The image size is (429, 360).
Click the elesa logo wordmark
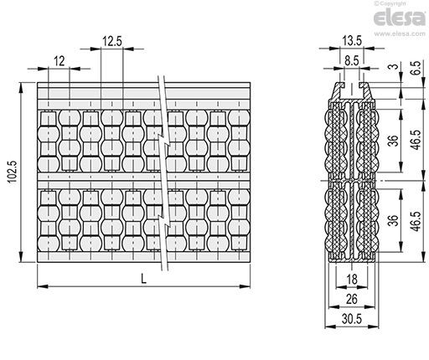(x=400, y=18)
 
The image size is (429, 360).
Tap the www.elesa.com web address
(x=400, y=33)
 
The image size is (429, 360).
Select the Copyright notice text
(x=390, y=3)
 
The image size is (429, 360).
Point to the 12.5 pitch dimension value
(x=112, y=41)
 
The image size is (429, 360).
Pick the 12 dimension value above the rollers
(x=59, y=61)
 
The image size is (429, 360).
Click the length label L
(x=143, y=279)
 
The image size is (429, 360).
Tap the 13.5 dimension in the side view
(x=352, y=41)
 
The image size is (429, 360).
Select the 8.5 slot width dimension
(x=352, y=61)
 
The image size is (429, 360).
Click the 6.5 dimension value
(x=416, y=68)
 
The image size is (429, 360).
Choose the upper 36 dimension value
(x=393, y=141)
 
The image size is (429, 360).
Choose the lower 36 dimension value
(x=393, y=220)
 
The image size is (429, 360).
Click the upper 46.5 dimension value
(x=416, y=140)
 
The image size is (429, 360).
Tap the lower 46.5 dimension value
(x=416, y=221)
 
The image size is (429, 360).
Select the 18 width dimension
(x=352, y=279)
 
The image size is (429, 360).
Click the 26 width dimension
(x=352, y=299)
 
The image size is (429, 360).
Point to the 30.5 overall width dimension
(x=352, y=319)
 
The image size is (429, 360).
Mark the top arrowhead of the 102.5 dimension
(x=21, y=88)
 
